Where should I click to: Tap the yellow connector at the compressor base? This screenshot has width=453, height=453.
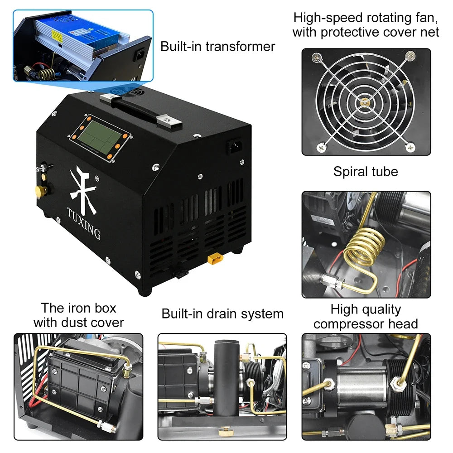click(x=214, y=260)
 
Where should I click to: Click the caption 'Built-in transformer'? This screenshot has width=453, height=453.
click(x=217, y=47)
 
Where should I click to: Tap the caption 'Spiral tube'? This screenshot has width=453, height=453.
click(x=366, y=172)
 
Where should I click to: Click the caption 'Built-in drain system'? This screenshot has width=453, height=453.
click(x=222, y=313)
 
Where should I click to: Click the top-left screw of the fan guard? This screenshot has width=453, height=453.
click(x=316, y=58)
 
